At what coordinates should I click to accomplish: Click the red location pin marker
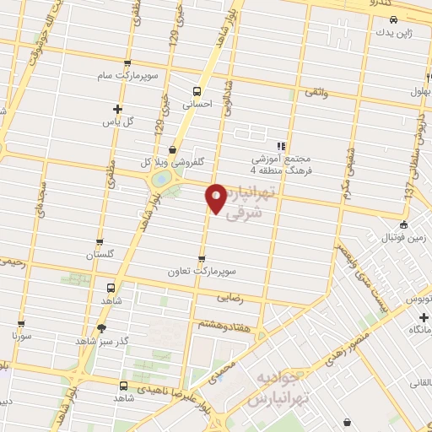click(217, 197)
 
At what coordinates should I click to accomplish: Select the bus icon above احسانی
click(197, 91)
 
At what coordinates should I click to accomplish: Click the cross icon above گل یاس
click(117, 109)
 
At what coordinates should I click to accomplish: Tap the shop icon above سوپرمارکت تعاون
click(201, 259)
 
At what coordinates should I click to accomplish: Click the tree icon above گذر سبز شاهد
click(102, 328)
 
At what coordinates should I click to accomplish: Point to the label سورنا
click(20, 335)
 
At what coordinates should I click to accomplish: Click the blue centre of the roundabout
click(159, 179)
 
